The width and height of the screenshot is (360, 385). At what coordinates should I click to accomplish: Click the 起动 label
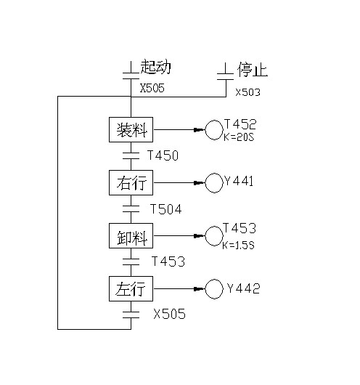coord(155,66)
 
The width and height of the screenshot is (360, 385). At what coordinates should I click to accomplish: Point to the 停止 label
coord(253,70)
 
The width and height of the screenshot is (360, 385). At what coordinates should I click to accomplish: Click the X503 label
coord(247,92)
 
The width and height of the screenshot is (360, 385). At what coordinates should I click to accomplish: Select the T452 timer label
coord(240,124)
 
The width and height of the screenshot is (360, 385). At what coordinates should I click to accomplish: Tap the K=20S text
coord(239,137)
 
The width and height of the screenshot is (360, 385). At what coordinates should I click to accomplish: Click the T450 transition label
coord(163,155)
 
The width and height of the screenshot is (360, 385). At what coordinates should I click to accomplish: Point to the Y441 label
coord(239,181)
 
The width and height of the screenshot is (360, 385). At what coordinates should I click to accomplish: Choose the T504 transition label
coord(166,209)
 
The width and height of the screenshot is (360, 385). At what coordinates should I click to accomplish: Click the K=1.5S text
coord(238,245)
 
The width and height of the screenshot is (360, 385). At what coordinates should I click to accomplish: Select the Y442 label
coord(243,288)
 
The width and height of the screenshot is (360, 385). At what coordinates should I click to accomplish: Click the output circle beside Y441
coord(214,174)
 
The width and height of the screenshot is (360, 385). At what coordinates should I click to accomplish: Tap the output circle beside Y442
coord(214,280)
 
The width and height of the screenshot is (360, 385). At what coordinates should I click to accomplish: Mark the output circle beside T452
coord(214,121)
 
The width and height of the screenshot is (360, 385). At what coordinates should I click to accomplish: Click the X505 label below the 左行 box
coord(169,314)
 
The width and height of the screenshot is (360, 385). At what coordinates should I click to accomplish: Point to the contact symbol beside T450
coord(131,155)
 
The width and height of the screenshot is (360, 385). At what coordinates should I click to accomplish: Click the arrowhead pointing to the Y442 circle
coord(199,289)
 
